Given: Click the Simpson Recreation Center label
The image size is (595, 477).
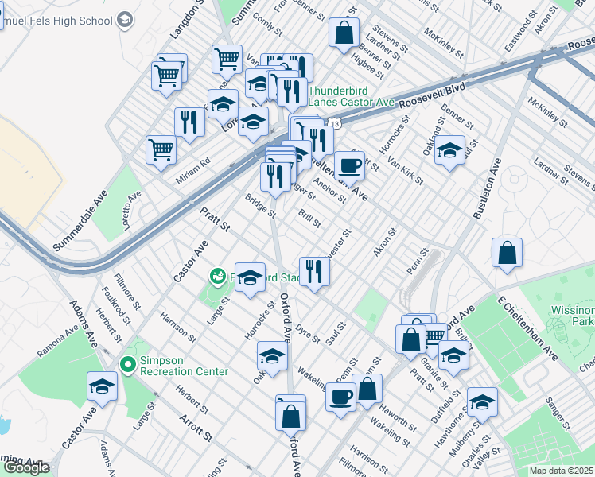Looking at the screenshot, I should pos(184,366).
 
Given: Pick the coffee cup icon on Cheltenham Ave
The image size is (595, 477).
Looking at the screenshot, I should pos(349,165).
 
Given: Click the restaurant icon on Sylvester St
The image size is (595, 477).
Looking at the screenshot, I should pos(314,271).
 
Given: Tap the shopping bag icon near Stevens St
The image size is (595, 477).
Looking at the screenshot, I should pos(344,33).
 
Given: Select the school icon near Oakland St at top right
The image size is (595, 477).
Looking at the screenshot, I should pos(449,149).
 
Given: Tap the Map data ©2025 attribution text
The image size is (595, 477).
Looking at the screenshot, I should pos(561,471).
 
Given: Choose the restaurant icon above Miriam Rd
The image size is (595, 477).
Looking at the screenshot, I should pos(189,122).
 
